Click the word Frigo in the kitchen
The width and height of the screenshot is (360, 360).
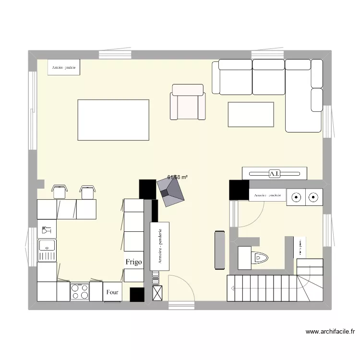coord(134,262)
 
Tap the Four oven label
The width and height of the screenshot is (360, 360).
coord(112,292)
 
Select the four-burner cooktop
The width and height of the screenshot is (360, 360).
coord(80,291)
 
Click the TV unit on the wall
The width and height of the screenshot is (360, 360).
coord(274,173)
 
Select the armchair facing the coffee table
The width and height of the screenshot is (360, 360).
coord(188,102)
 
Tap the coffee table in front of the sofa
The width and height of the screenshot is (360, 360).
coord(251,114)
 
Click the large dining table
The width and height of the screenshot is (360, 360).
coord(113,120)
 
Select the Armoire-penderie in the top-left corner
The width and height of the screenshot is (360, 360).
coord(64,67)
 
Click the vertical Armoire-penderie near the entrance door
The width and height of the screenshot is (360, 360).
coord(160,246)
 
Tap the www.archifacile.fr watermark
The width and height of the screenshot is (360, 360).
coord(330,331)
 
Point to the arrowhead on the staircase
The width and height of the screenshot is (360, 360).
coord(232,288)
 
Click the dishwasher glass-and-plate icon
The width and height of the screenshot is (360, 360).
coord(47,230)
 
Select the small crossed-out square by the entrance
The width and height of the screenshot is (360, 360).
coord(157,293)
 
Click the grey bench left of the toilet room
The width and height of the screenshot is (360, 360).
coord(220,250)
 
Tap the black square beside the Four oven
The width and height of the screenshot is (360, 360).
coord(137,294)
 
